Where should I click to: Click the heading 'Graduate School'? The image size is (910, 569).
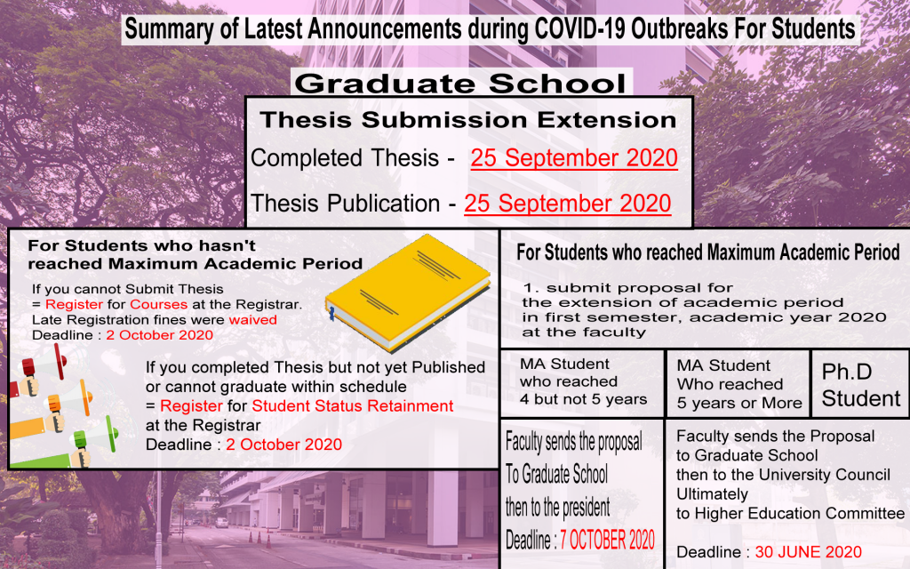point(461,84)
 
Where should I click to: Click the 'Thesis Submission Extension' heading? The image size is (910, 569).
point(468,120)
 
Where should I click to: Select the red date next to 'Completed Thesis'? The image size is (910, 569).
point(574,158)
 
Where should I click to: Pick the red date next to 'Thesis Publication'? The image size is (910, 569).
point(568,204)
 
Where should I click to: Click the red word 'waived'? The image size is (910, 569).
point(253,320)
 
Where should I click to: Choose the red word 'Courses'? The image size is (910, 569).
point(158,304)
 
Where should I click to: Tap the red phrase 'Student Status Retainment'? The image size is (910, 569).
point(352,405)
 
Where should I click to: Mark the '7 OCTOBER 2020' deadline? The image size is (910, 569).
point(607,540)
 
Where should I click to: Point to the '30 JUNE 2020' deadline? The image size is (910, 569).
point(808,551)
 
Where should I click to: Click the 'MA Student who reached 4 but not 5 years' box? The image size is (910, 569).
point(582,382)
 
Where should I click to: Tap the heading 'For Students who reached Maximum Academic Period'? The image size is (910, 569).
point(708,252)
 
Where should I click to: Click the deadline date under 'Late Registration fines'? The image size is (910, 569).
point(160,335)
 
